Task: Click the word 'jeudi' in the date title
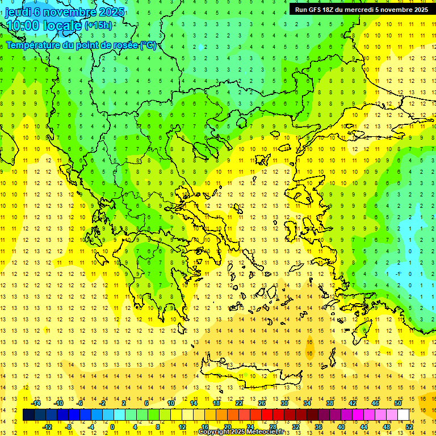pyautogui.click(x=18, y=12)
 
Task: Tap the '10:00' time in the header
pyautogui.click(x=22, y=26)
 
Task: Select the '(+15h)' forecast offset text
pyautogui.click(x=98, y=26)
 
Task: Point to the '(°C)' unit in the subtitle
pyautogui.click(x=148, y=45)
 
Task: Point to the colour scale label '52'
pyautogui.click(x=409, y=426)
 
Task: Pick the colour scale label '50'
pyautogui.click(x=398, y=403)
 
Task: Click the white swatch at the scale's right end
pyautogui.click(x=404, y=414)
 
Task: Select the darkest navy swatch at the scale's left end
pyautogui.click(x=29, y=414)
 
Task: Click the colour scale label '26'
pyautogui.click(x=262, y=403)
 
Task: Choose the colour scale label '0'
pyautogui.click(x=112, y=426)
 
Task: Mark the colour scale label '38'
pyautogui.click(x=330, y=403)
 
